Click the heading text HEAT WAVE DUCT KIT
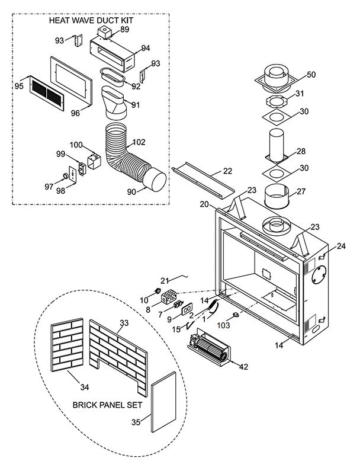pos(91,21)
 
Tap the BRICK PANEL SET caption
pos(108,405)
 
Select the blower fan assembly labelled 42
pos(209,348)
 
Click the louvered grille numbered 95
pos(47,93)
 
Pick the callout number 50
pos(311,75)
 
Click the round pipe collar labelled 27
pos(277,197)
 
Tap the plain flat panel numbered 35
pos(163,402)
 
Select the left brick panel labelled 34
pos(67,345)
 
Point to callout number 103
pos(223,325)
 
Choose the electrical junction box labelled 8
pos(169,297)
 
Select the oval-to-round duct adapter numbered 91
pos(115,103)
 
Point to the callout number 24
pos(341,246)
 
